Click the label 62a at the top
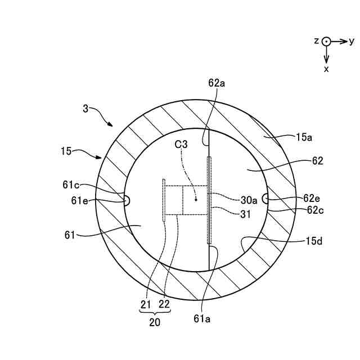(x=217, y=83)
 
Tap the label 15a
(x=304, y=137)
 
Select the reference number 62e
(x=312, y=198)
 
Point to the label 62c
(x=315, y=210)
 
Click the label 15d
(x=314, y=241)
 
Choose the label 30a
(x=249, y=200)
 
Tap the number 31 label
(x=245, y=214)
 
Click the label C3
(x=181, y=144)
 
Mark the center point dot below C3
(x=196, y=200)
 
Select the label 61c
(x=71, y=185)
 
